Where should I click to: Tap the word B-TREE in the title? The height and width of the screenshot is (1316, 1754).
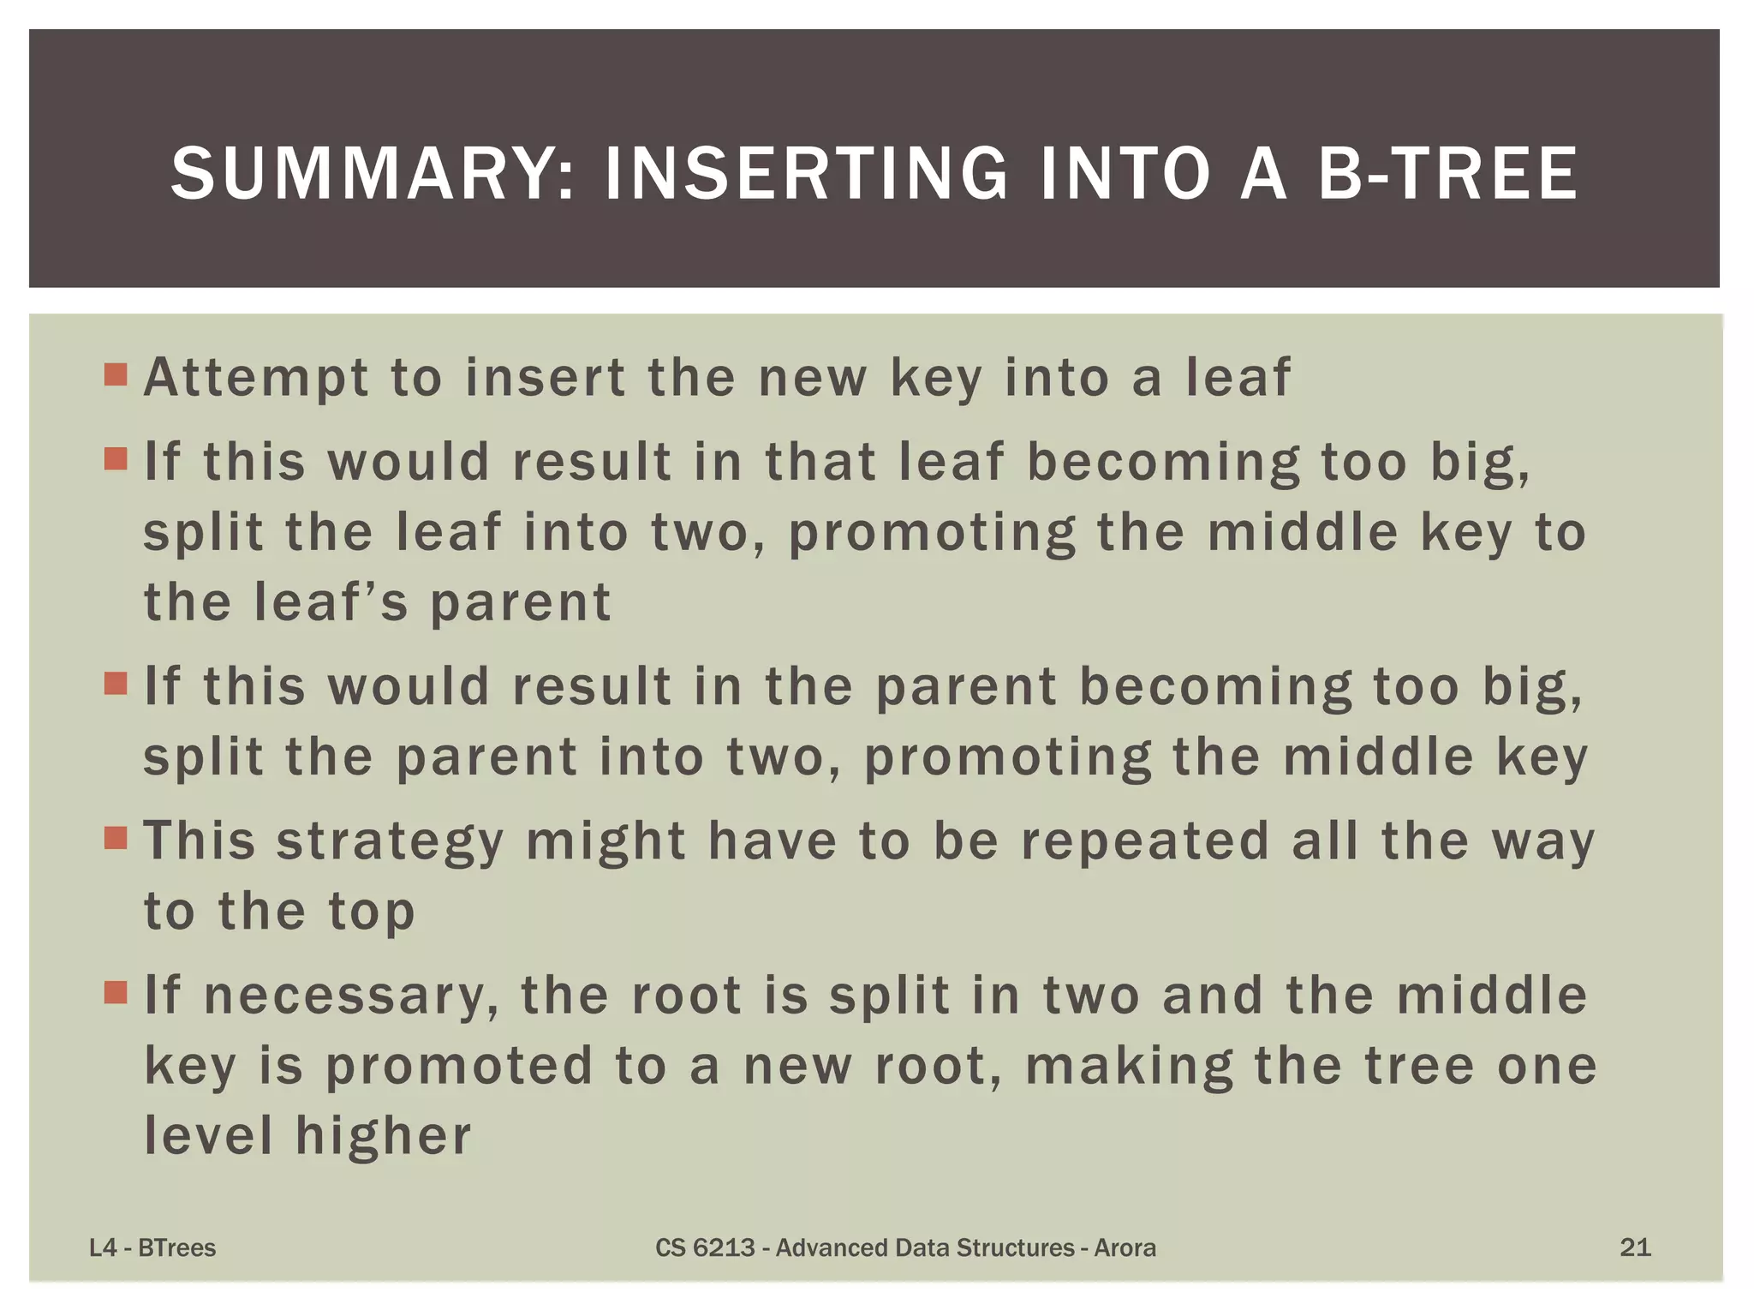[1447, 174]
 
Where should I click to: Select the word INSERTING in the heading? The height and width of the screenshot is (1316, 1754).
[806, 174]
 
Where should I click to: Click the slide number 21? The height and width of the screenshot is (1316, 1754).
[1635, 1247]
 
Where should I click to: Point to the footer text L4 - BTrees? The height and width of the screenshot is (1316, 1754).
[152, 1248]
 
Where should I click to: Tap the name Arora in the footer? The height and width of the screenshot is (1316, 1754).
[1125, 1248]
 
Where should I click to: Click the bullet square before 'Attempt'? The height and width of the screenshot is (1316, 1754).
[115, 375]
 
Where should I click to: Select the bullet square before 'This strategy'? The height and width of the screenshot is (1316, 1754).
[115, 837]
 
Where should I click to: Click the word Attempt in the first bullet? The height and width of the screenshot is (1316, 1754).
[256, 378]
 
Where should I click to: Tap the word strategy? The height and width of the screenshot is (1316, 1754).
[390, 843]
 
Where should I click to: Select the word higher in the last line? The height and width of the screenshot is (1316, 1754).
[383, 1137]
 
